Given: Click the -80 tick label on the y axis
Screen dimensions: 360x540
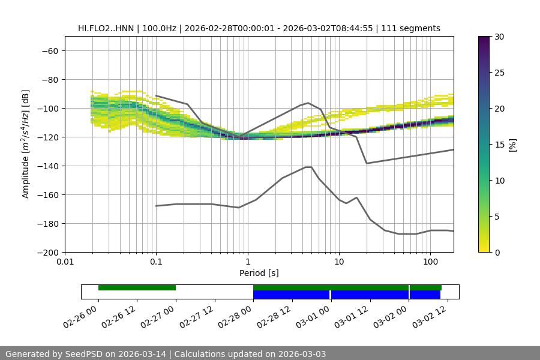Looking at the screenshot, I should [49, 80].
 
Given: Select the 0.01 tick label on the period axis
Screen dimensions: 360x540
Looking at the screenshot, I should [65, 262].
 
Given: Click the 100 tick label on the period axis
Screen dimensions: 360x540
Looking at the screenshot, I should [430, 262].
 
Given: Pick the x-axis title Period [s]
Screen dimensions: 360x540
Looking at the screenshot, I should [259, 273].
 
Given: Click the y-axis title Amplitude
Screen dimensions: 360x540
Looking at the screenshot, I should [26, 144].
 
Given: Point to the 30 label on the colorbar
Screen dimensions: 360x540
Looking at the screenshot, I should [499, 37].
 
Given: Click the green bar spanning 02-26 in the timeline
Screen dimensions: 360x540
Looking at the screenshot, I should [137, 287].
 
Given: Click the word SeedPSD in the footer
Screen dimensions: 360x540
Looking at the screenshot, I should [90, 354].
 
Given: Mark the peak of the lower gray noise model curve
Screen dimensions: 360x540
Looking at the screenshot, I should [308, 167].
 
